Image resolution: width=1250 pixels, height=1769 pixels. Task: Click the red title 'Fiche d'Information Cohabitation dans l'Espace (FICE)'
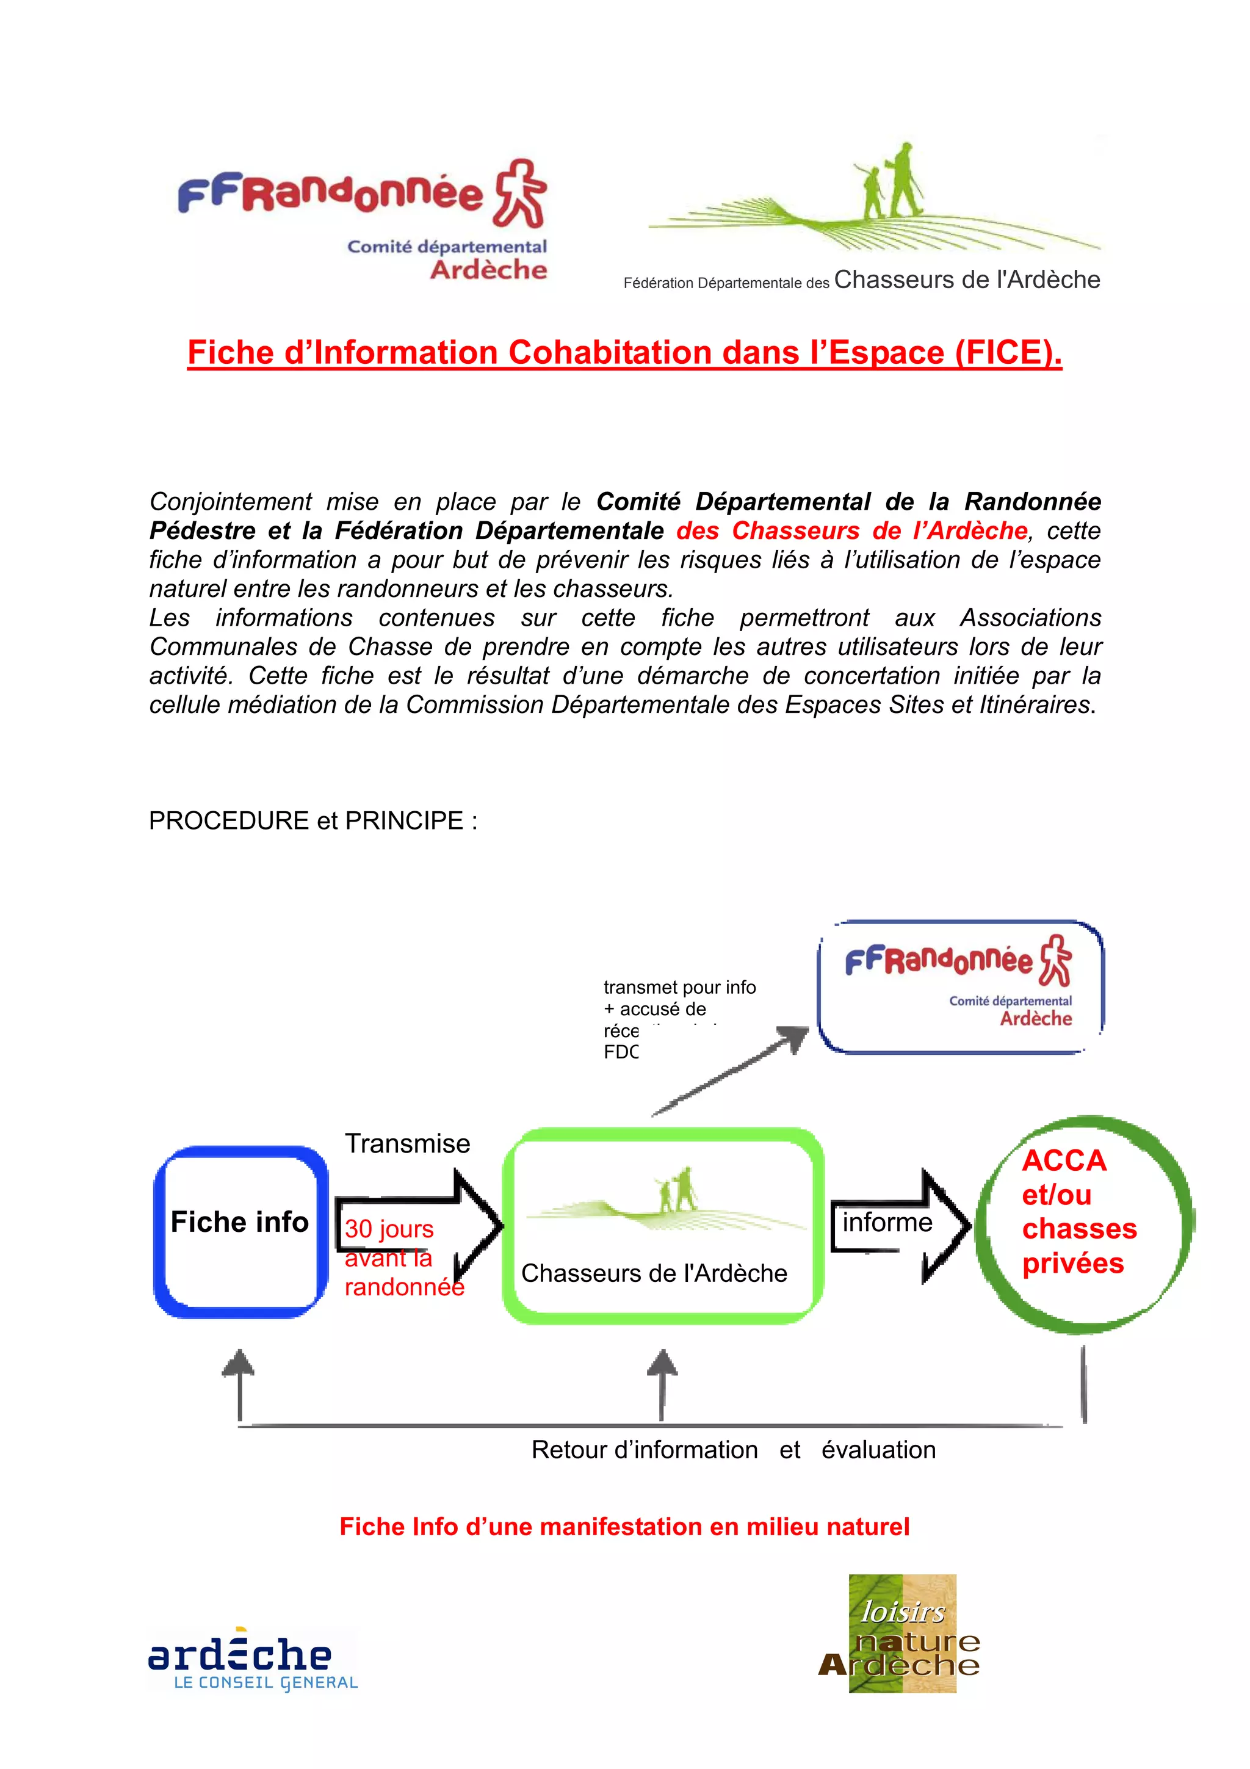pos(624,352)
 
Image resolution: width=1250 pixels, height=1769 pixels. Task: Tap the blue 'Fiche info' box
pos(240,1231)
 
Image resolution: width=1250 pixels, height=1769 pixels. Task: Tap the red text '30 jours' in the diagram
pos(389,1228)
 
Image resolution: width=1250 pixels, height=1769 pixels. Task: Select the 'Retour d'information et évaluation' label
pos(733,1450)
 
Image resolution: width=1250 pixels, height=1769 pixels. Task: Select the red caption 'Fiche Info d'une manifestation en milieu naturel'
pos(624,1526)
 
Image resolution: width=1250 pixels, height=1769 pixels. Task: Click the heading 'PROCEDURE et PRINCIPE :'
pos(312,820)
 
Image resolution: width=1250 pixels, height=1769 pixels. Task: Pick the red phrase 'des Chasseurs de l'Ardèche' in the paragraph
pos(852,531)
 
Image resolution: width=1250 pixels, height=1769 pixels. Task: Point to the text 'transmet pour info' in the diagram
pos(679,987)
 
